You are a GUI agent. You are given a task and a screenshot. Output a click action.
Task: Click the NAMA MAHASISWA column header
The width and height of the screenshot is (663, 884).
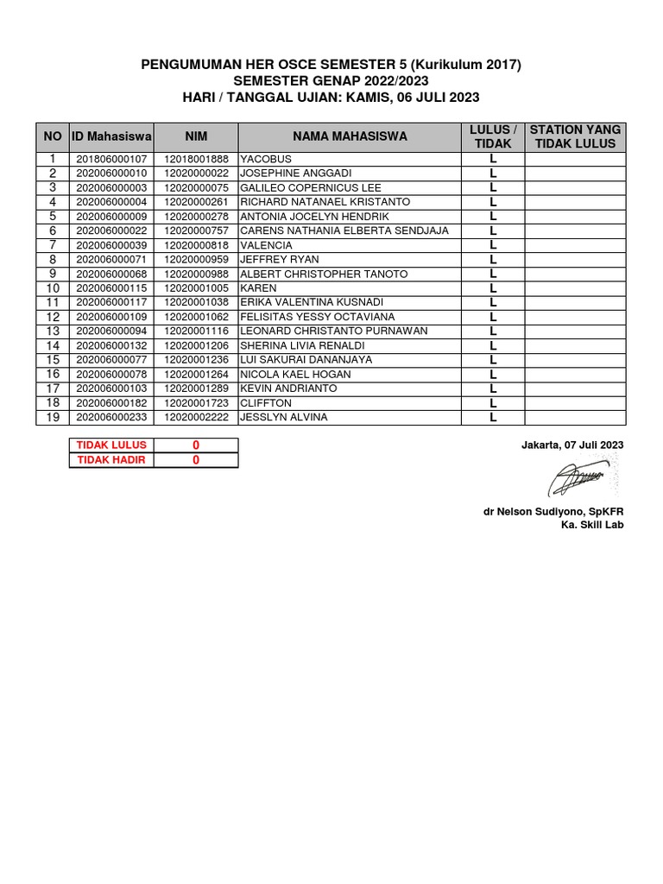pos(350,136)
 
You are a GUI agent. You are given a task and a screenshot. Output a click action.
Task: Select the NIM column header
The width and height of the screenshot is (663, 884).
pos(196,136)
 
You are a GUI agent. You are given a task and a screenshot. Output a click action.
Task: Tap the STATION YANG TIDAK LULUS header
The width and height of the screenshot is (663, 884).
pos(575,136)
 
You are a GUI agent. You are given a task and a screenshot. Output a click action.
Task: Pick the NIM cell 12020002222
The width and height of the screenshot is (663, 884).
pos(196,418)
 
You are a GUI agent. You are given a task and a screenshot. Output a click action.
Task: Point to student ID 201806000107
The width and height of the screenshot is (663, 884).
pos(111,160)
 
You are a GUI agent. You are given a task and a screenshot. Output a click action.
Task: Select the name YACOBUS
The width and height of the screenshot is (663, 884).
pos(266,160)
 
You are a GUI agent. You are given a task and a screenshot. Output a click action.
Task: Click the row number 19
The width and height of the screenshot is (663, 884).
pos(53,418)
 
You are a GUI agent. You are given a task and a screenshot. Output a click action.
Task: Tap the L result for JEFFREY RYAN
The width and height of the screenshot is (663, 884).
pos(493,260)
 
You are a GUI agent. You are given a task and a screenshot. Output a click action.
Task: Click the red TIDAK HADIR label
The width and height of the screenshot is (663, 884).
pos(111,460)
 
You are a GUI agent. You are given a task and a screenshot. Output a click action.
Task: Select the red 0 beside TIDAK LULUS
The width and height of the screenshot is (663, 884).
pos(196,445)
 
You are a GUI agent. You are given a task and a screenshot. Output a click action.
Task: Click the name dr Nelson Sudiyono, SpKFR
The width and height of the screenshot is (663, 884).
pos(552,511)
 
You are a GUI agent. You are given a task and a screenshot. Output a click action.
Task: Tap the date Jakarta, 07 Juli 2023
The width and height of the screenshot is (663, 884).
pos(571,445)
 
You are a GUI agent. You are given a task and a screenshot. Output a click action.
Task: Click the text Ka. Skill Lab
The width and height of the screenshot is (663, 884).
pos(591,525)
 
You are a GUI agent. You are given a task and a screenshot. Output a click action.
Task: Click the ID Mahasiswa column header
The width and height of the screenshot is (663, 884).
pos(111,136)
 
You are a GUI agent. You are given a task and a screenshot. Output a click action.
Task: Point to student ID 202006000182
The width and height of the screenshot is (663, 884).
pos(111,403)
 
